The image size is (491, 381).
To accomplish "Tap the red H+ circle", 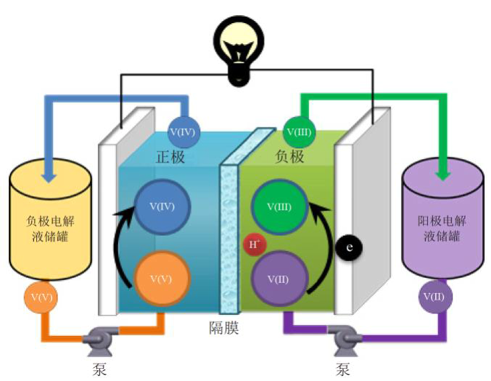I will [253, 245].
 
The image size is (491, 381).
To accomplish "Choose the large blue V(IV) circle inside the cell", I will [161, 206].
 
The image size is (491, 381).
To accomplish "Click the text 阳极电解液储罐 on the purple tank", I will [439, 225].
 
